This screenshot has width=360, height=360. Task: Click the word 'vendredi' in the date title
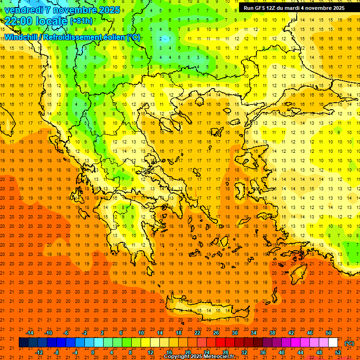[24, 10]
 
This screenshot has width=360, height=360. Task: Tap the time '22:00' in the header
[18, 21]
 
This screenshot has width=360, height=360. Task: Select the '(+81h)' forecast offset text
[81, 21]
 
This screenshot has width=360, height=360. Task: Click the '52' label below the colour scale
[337, 352]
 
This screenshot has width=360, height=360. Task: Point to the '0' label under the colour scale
[93, 352]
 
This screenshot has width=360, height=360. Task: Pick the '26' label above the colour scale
[216, 333]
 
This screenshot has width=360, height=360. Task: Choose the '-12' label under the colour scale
[39, 352]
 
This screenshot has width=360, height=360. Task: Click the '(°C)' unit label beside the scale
[349, 343]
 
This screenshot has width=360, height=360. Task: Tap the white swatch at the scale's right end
[333, 343]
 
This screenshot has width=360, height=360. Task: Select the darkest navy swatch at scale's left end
[23, 343]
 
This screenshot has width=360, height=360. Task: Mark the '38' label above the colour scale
[272, 333]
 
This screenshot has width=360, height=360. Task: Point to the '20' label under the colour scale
[187, 352]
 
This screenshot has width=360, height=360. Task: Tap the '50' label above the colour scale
[329, 333]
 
